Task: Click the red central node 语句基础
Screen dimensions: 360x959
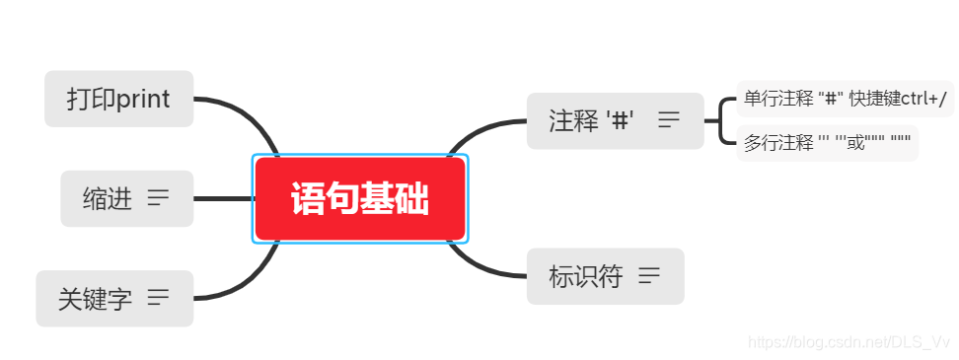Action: coord(360,199)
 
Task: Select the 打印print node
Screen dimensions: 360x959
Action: coord(118,99)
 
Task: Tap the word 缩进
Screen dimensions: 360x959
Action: coord(108,199)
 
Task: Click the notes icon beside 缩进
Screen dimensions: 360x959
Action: coord(158,198)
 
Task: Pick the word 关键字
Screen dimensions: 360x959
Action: coord(95,299)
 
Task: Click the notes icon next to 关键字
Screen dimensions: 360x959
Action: coord(158,297)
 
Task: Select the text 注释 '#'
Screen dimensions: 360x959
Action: coord(591,121)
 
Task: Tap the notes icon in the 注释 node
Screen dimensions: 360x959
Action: coord(669,120)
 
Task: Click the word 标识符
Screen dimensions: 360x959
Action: coord(586,276)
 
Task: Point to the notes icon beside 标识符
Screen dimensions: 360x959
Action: coord(649,276)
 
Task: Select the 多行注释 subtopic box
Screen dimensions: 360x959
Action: coord(827,143)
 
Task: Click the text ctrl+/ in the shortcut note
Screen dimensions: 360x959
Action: coord(923,99)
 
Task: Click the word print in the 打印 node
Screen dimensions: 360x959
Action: coord(143,99)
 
